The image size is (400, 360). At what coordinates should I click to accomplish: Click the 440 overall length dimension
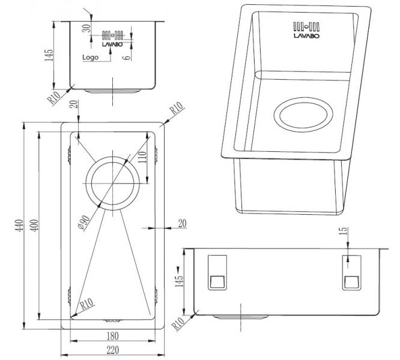(x=18, y=227)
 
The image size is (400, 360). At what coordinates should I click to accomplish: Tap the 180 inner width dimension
(x=114, y=336)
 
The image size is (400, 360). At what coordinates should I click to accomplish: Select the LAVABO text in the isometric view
(x=306, y=36)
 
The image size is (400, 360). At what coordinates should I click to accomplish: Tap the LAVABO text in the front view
(x=112, y=44)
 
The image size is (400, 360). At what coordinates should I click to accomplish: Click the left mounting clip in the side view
(x=217, y=273)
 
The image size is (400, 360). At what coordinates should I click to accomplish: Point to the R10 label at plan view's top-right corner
(x=176, y=109)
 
